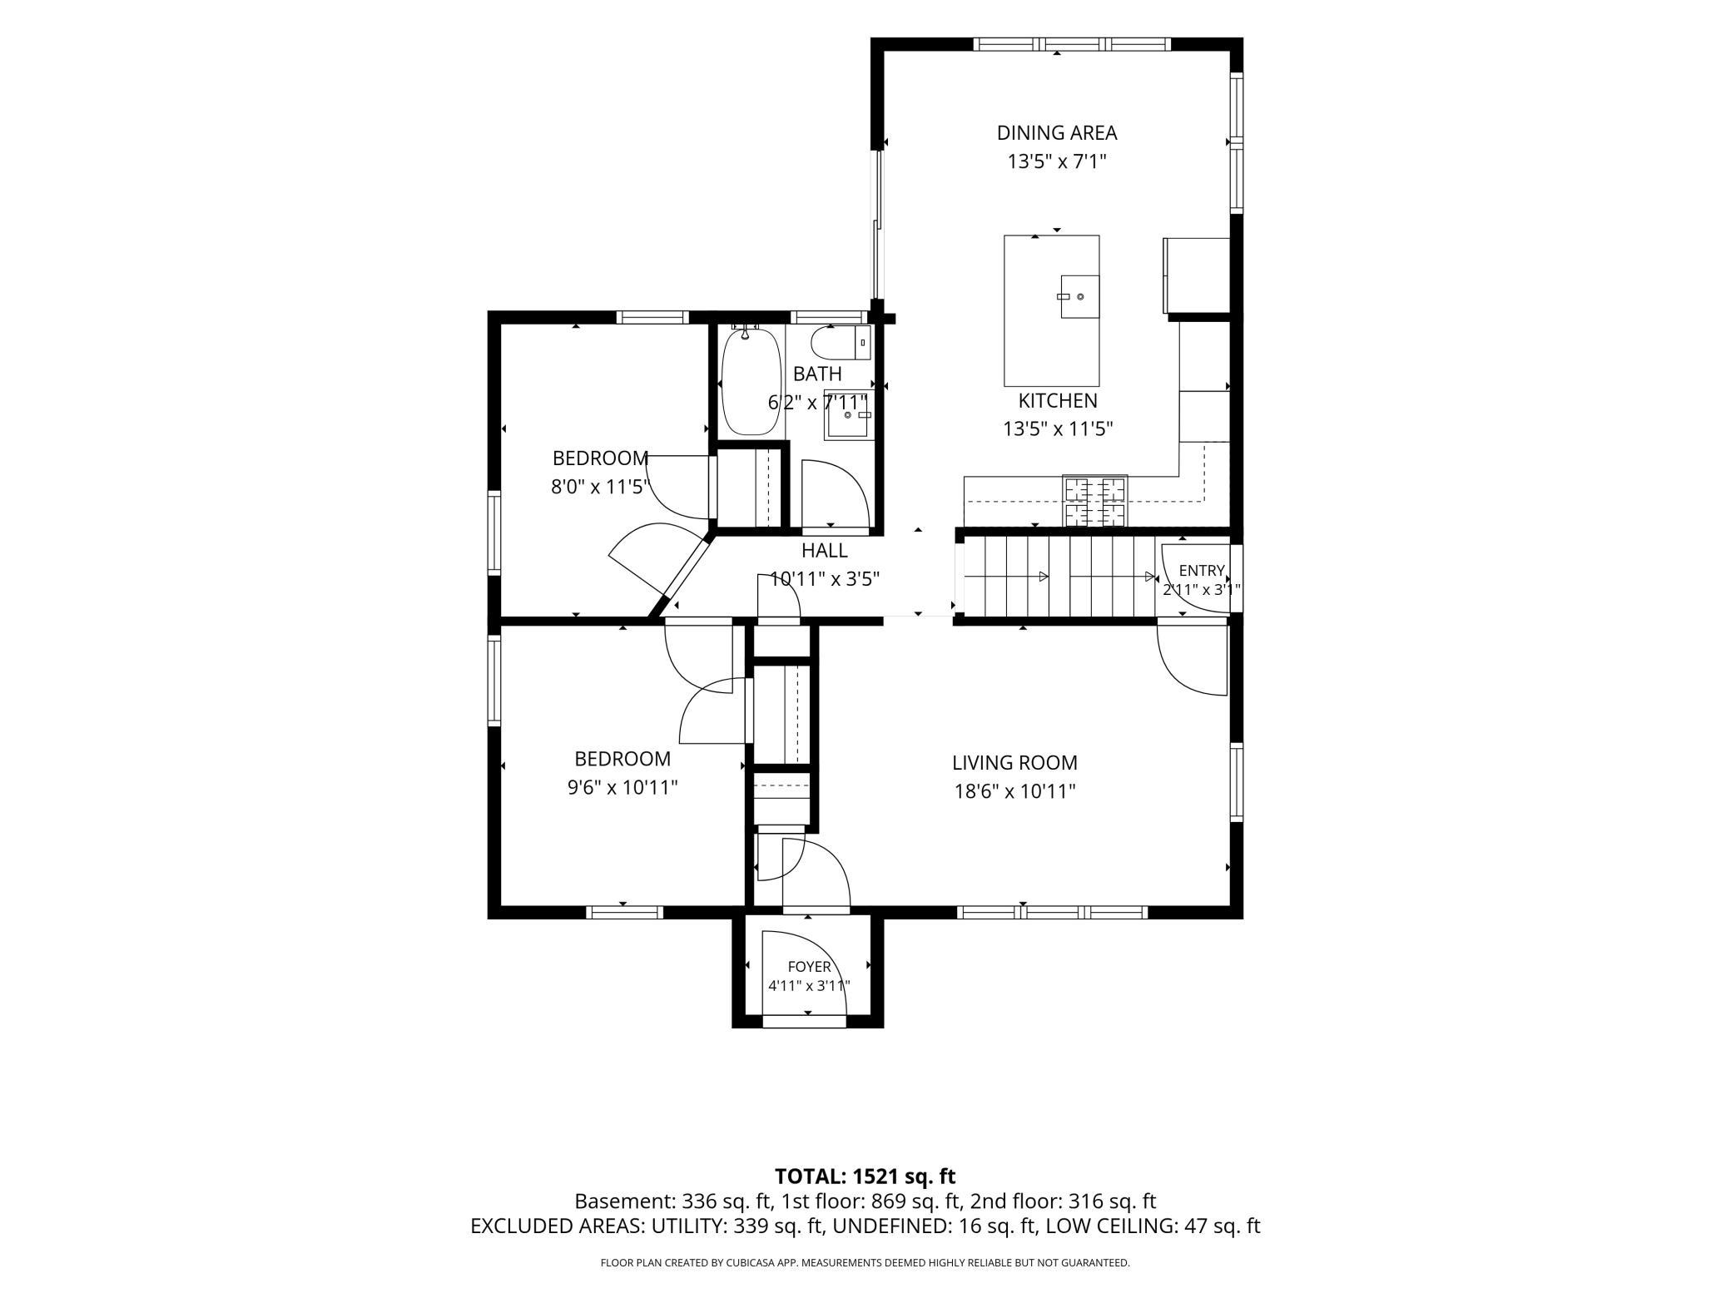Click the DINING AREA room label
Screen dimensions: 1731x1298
click(1057, 132)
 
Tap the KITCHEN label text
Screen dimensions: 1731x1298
click(1058, 401)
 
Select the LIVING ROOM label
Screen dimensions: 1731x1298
click(1014, 762)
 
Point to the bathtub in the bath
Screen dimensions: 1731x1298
click(747, 380)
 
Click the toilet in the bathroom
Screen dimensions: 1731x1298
click(841, 342)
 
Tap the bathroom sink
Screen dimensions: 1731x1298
click(848, 414)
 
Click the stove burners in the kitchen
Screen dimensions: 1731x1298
click(1094, 501)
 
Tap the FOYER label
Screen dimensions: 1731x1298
click(809, 967)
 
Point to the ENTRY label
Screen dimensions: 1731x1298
click(1202, 571)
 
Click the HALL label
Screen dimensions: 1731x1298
click(825, 551)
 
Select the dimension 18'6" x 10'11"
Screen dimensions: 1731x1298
click(1014, 790)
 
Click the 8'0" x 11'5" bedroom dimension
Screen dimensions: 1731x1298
click(599, 487)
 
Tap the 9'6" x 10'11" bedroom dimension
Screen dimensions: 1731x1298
click(622, 787)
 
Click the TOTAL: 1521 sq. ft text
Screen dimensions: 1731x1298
click(865, 1177)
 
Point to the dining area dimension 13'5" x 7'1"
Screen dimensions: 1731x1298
click(1057, 161)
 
